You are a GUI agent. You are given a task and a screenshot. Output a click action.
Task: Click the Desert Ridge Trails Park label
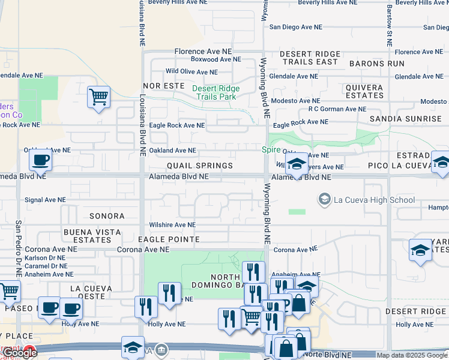(x=215, y=92)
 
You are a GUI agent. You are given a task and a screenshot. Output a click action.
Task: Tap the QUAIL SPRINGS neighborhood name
(x=200, y=166)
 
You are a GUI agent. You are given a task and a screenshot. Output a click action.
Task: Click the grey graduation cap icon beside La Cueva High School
(x=325, y=199)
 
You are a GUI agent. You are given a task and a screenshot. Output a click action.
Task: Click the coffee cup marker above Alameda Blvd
(x=40, y=160)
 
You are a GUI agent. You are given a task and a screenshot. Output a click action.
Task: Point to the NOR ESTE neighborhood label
(x=163, y=86)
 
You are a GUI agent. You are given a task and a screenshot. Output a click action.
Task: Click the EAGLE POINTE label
(x=168, y=239)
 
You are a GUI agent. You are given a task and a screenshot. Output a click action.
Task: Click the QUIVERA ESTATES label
(x=364, y=91)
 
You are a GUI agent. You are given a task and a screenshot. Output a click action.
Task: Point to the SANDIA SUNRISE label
(x=406, y=119)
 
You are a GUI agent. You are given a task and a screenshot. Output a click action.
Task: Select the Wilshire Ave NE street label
(x=172, y=225)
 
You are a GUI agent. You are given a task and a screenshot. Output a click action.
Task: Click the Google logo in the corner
(x=19, y=353)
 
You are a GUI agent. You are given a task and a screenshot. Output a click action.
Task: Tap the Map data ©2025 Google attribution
(x=411, y=355)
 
